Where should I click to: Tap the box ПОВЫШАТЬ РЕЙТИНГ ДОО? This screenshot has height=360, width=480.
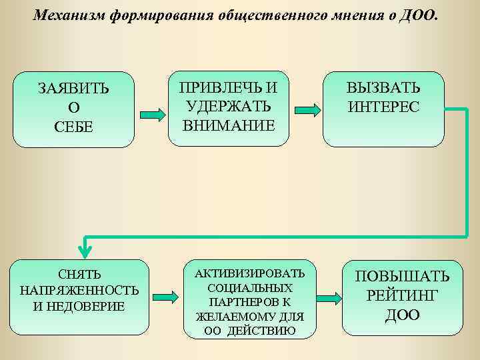402,298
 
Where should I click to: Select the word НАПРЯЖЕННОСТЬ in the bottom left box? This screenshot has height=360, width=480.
79,290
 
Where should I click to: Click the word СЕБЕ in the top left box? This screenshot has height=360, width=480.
74,127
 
